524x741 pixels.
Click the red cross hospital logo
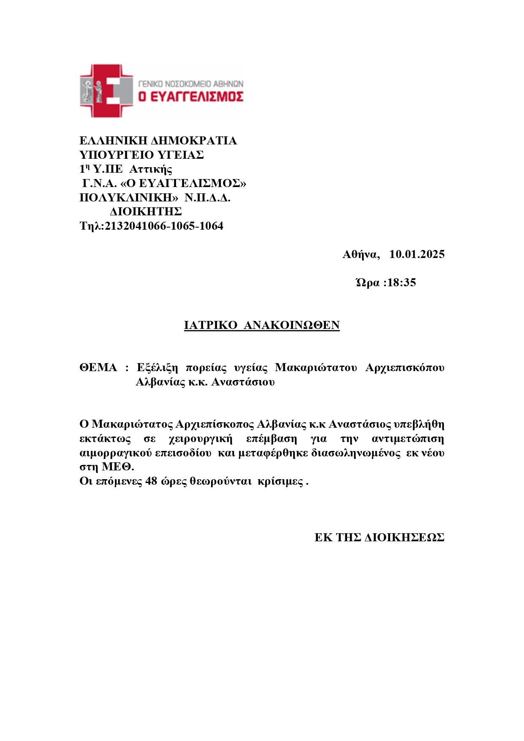[106, 90]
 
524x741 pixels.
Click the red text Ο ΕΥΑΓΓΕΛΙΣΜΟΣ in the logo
[191, 97]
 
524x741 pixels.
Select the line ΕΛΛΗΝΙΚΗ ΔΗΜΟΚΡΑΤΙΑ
[158, 141]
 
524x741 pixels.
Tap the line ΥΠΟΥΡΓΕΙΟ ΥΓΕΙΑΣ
[141, 155]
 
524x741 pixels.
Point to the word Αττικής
[151, 169]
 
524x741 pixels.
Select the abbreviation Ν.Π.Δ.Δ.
[207, 198]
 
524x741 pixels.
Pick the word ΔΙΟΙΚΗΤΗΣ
[146, 212]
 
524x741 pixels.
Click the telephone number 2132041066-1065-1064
[164, 226]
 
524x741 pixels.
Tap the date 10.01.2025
[417, 254]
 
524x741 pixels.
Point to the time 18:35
[402, 282]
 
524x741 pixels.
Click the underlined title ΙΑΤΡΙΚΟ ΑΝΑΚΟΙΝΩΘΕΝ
[262, 325]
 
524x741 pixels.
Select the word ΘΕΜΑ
[98, 368]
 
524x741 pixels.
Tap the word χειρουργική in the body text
[201, 439]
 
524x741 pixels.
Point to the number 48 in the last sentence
[151, 481]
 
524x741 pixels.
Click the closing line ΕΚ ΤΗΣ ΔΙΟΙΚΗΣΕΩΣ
[379, 537]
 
